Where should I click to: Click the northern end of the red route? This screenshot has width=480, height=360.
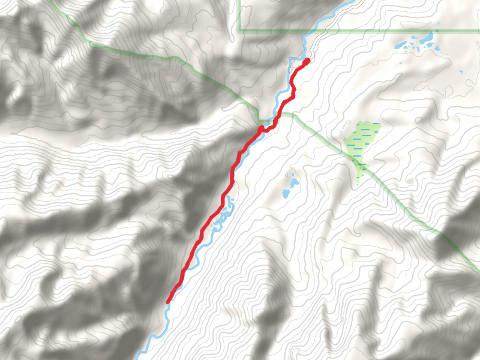(x=307, y=61)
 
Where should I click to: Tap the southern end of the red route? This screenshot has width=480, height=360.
(x=169, y=301)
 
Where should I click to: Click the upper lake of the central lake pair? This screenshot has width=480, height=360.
(x=293, y=181)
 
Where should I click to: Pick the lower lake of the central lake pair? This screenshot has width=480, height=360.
(x=286, y=193)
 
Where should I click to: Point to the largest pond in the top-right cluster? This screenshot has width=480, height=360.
(x=427, y=40)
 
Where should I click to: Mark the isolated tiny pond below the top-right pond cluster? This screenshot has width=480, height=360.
(x=461, y=73)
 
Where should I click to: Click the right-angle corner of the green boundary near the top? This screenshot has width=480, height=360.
(x=239, y=30)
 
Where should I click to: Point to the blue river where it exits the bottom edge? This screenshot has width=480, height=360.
(x=139, y=358)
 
